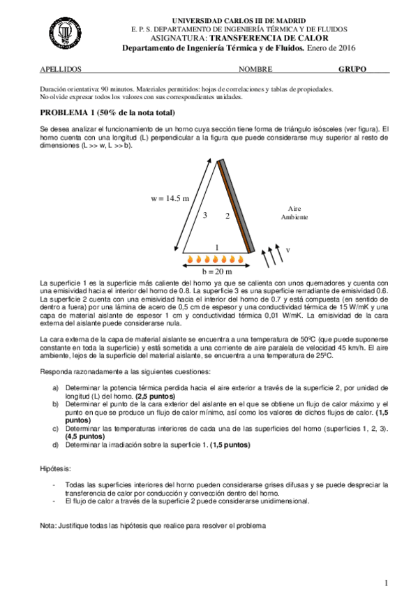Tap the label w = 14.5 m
[170, 198]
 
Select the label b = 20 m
[217, 272]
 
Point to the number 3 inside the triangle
[205, 216]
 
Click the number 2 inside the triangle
[227, 216]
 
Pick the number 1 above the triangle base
[217, 247]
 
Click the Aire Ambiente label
[294, 213]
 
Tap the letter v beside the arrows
[288, 249]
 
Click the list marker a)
[56, 387]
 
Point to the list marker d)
[56, 444]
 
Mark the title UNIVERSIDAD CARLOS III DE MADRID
[228, 22]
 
